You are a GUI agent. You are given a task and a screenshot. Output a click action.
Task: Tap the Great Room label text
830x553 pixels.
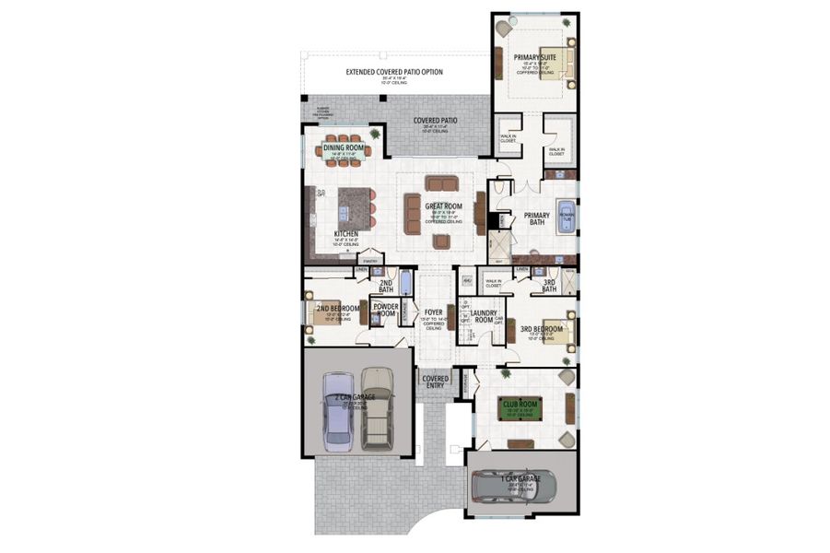coord(443,206)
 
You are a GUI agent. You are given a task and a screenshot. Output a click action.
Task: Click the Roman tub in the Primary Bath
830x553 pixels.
coord(565,216)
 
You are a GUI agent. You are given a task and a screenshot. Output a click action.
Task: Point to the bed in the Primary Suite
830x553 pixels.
coord(557,64)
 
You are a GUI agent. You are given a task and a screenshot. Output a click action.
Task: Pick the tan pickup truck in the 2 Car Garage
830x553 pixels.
coord(376,407)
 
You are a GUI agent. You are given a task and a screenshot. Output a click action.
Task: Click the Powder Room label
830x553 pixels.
coord(385,310)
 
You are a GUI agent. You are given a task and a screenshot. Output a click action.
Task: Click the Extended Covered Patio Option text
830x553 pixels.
coord(394,71)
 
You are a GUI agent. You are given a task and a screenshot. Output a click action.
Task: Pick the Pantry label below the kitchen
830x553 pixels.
coord(370,262)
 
